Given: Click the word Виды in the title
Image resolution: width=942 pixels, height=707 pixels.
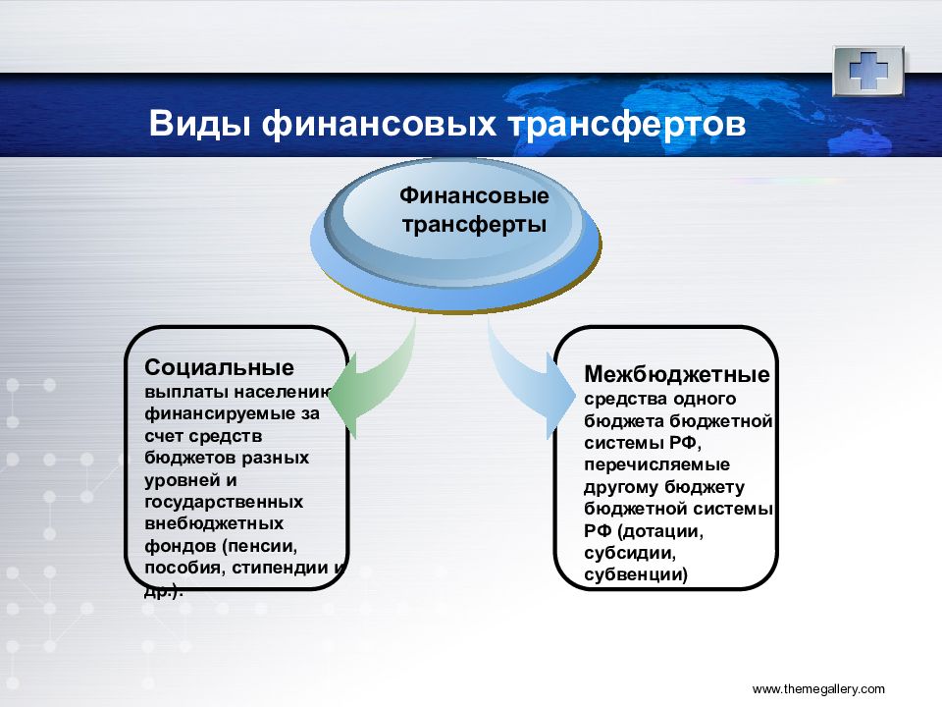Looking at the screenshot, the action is pyautogui.click(x=199, y=124).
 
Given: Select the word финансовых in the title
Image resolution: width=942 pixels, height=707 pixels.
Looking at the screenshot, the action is pyautogui.click(x=379, y=125).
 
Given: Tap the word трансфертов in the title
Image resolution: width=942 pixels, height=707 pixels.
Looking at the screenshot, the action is pyautogui.click(x=627, y=125).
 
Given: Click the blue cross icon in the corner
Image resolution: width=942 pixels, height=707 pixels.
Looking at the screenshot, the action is pyautogui.click(x=868, y=71).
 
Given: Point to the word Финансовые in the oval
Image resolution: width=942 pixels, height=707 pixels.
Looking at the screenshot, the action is pyautogui.click(x=474, y=195).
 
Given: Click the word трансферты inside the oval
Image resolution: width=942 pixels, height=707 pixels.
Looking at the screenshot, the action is pyautogui.click(x=474, y=225).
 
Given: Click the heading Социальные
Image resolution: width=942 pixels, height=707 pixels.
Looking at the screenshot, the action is pyautogui.click(x=219, y=366).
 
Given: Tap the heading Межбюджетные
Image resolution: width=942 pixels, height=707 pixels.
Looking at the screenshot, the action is pyautogui.click(x=676, y=374).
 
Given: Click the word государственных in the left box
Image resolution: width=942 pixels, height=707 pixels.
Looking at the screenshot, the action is pyautogui.click(x=224, y=502).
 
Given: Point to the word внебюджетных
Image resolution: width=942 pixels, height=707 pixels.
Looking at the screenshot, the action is pyautogui.click(x=214, y=523).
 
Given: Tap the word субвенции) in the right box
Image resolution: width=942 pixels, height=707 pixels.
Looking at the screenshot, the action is pyautogui.click(x=636, y=574).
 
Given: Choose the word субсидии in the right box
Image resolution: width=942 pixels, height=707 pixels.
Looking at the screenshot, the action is pyautogui.click(x=630, y=553).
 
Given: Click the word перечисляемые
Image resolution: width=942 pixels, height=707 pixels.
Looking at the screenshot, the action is pyautogui.click(x=656, y=464).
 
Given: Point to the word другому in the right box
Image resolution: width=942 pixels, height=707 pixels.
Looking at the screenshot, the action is pyautogui.click(x=619, y=487).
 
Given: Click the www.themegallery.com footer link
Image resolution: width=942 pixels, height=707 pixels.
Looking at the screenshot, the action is pyautogui.click(x=818, y=689).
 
